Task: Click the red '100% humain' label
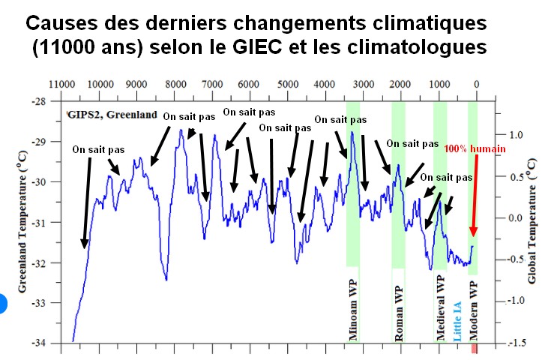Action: (x=475, y=149)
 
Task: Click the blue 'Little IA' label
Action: (x=457, y=321)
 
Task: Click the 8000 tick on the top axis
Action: (x=175, y=84)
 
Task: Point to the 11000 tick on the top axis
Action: (x=61, y=84)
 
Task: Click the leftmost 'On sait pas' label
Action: (x=98, y=149)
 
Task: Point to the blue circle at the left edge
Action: (x=2, y=304)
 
